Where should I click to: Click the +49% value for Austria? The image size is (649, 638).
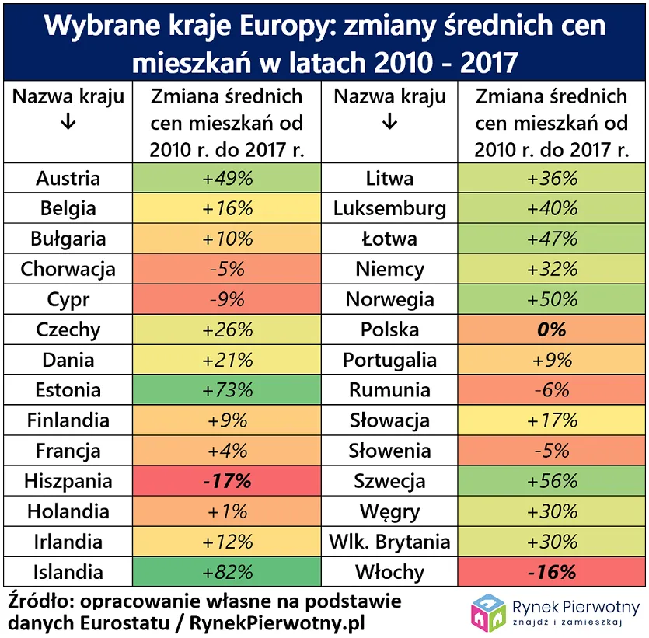tap(228, 179)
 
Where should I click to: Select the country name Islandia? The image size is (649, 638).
tap(68, 573)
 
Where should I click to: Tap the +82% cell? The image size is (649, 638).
tap(228, 573)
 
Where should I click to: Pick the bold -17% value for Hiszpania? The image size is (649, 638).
tap(228, 482)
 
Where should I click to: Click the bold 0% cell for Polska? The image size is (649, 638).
tap(552, 330)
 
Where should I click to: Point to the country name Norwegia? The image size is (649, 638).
tap(389, 300)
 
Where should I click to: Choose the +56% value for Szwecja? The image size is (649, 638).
tap(552, 482)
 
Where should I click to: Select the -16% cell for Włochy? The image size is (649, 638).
tap(552, 573)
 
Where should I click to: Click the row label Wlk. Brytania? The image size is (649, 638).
tap(389, 542)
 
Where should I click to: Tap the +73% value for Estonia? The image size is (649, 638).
tap(228, 391)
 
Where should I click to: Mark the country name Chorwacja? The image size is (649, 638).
tap(68, 270)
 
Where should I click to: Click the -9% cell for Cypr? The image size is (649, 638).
tap(228, 300)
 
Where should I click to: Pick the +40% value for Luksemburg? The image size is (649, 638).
tap(552, 209)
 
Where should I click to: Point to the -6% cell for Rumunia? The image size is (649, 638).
tap(552, 391)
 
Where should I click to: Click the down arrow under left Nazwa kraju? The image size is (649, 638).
tap(68, 123)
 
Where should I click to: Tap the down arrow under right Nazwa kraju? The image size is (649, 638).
tap(389, 123)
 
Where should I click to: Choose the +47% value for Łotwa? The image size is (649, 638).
tap(552, 239)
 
